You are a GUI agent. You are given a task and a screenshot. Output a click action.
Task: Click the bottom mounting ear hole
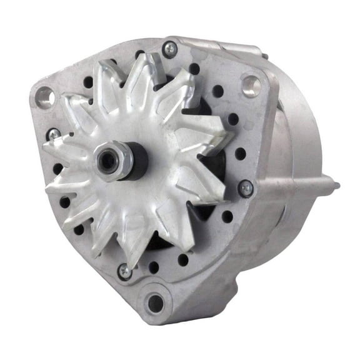point(154,304)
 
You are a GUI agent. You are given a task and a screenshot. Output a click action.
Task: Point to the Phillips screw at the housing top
point(169,49)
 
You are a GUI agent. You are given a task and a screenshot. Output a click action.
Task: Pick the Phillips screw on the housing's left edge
point(54,135)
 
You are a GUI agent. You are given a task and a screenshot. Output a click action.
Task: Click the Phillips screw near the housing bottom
point(125,271)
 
